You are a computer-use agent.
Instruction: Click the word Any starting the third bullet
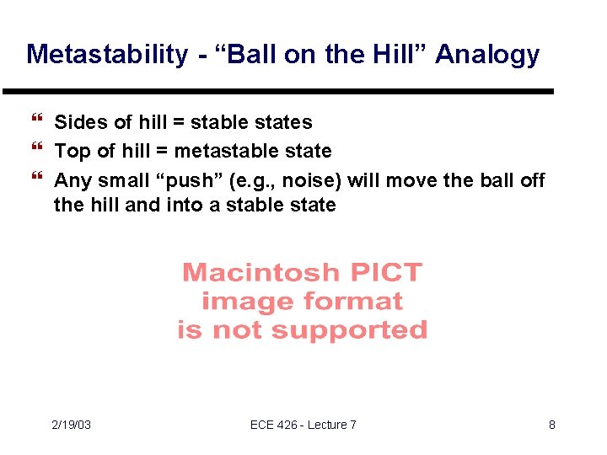(73, 181)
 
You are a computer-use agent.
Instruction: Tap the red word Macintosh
(261, 273)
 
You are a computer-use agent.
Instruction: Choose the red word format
(349, 301)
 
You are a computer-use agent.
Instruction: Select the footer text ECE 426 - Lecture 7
(303, 425)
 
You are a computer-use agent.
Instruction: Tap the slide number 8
(551, 425)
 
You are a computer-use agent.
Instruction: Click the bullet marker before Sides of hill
(35, 122)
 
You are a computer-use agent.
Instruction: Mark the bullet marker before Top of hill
(35, 151)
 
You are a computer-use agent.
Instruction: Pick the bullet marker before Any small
(35, 180)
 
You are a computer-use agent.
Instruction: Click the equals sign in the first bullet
(180, 123)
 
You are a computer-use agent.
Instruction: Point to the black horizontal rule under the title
(278, 91)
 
